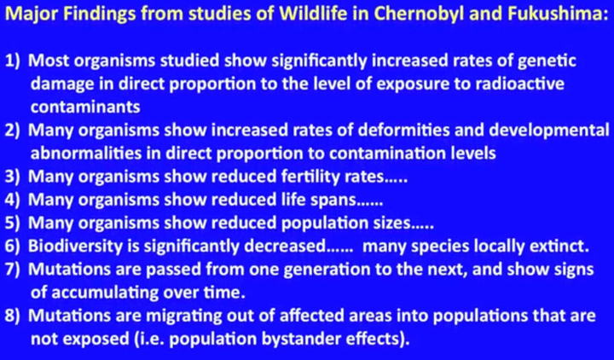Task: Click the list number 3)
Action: pyautogui.click(x=14, y=177)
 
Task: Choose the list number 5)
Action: pyautogui.click(x=14, y=224)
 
